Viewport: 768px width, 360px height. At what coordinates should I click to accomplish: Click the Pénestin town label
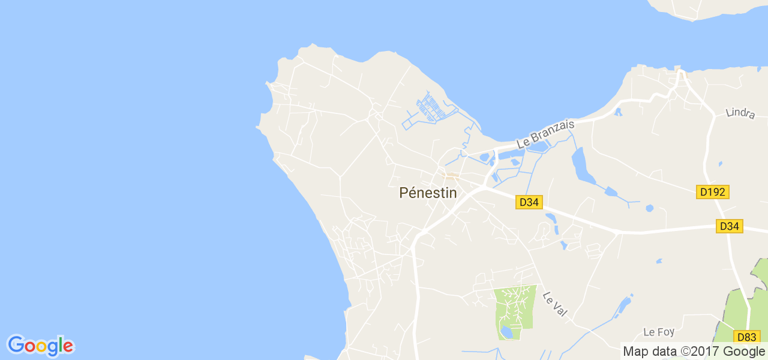click(428, 193)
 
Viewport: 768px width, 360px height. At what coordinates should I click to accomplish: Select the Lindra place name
click(740, 113)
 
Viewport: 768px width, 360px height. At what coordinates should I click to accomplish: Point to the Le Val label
click(555, 304)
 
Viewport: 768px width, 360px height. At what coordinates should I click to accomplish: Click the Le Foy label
click(658, 332)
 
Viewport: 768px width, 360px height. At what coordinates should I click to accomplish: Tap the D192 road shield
click(713, 192)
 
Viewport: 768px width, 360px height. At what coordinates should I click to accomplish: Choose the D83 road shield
click(747, 337)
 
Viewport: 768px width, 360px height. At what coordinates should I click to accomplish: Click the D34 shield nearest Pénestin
click(529, 202)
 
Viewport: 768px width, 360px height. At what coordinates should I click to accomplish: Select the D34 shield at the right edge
click(729, 226)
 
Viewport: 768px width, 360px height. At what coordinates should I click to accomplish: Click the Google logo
click(40, 346)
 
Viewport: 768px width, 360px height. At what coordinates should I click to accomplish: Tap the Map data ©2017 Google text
click(694, 351)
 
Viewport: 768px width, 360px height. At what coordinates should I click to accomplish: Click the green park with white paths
click(515, 309)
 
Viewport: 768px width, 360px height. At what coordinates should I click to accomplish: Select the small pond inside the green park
click(506, 332)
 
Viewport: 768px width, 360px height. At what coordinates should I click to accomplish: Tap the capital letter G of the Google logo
click(16, 345)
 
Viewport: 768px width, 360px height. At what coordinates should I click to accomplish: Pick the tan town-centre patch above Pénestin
click(451, 176)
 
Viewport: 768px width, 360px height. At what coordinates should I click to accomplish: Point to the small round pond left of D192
click(649, 208)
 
